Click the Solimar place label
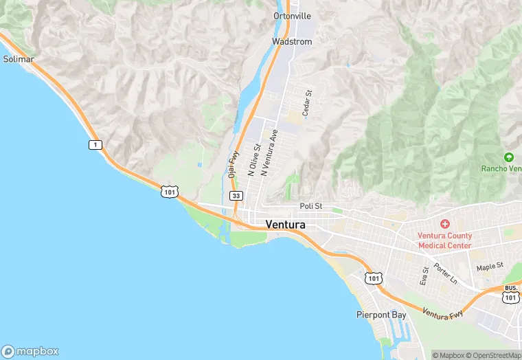point(18,59)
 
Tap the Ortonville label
point(292,15)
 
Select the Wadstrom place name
point(292,42)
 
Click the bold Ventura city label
point(285,225)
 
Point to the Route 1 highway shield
point(95,144)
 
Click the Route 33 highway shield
point(236,196)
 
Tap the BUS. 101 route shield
point(510,293)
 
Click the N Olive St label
point(253,160)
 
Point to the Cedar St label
point(308,102)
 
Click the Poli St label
point(311,207)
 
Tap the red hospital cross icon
point(445,224)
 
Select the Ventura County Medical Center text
point(445,240)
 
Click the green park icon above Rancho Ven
point(508,157)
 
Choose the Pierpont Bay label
point(381,315)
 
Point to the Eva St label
point(424,275)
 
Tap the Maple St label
point(490,265)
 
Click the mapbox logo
point(30,350)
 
